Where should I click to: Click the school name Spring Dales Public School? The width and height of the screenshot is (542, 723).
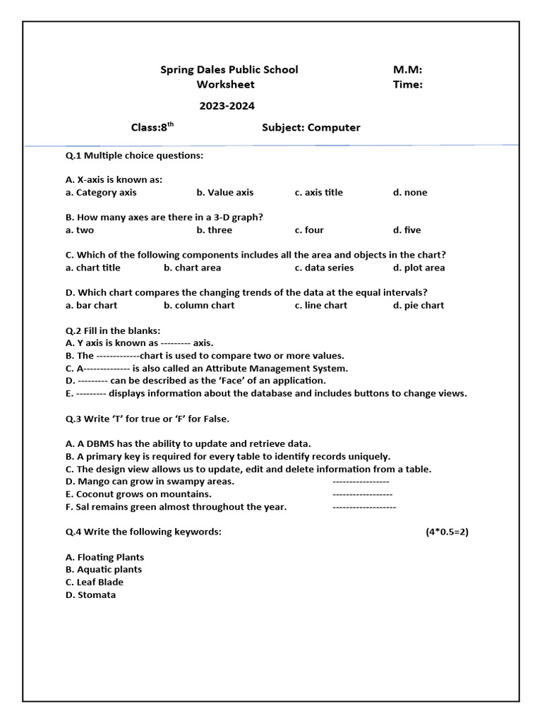pyautogui.click(x=229, y=69)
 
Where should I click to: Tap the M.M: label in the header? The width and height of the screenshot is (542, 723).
pyautogui.click(x=407, y=69)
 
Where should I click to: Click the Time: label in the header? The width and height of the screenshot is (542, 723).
pyautogui.click(x=408, y=85)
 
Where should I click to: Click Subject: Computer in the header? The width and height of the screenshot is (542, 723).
pyautogui.click(x=311, y=128)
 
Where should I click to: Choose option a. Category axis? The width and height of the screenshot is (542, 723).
pyautogui.click(x=101, y=192)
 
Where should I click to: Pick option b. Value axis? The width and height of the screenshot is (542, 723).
pyautogui.click(x=224, y=192)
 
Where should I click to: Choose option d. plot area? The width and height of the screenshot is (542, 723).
pyautogui.click(x=418, y=268)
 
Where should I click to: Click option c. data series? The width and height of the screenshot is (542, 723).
pyautogui.click(x=324, y=268)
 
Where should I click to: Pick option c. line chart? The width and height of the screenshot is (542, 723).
pyautogui.click(x=320, y=306)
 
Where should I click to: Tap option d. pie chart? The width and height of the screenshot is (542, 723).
pyautogui.click(x=418, y=306)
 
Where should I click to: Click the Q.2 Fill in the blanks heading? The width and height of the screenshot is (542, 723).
pyautogui.click(x=113, y=330)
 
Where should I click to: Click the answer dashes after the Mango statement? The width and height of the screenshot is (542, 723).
pyautogui.click(x=361, y=482)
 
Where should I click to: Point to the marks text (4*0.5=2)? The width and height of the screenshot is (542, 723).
pyautogui.click(x=447, y=532)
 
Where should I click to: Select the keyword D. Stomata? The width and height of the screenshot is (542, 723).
pyautogui.click(x=90, y=595)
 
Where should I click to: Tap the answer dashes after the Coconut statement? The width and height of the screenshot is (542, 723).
pyautogui.click(x=362, y=494)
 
